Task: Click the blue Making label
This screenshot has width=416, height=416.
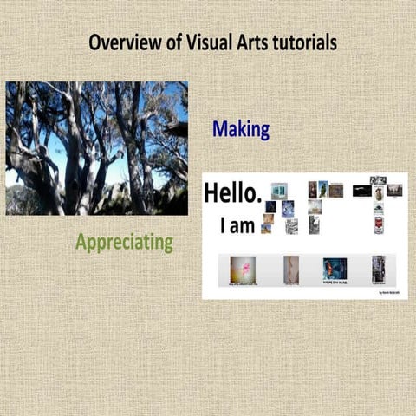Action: (241, 130)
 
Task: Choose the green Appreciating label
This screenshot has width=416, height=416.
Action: (124, 242)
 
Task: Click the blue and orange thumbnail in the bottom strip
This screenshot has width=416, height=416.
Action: (335, 268)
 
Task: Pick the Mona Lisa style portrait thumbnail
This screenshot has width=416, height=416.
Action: (313, 189)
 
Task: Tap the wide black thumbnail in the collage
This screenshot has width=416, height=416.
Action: (361, 191)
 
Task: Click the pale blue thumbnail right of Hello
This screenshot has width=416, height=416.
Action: (278, 191)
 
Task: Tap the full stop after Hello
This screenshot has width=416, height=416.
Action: (258, 201)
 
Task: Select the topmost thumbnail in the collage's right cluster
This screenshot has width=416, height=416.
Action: (378, 180)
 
